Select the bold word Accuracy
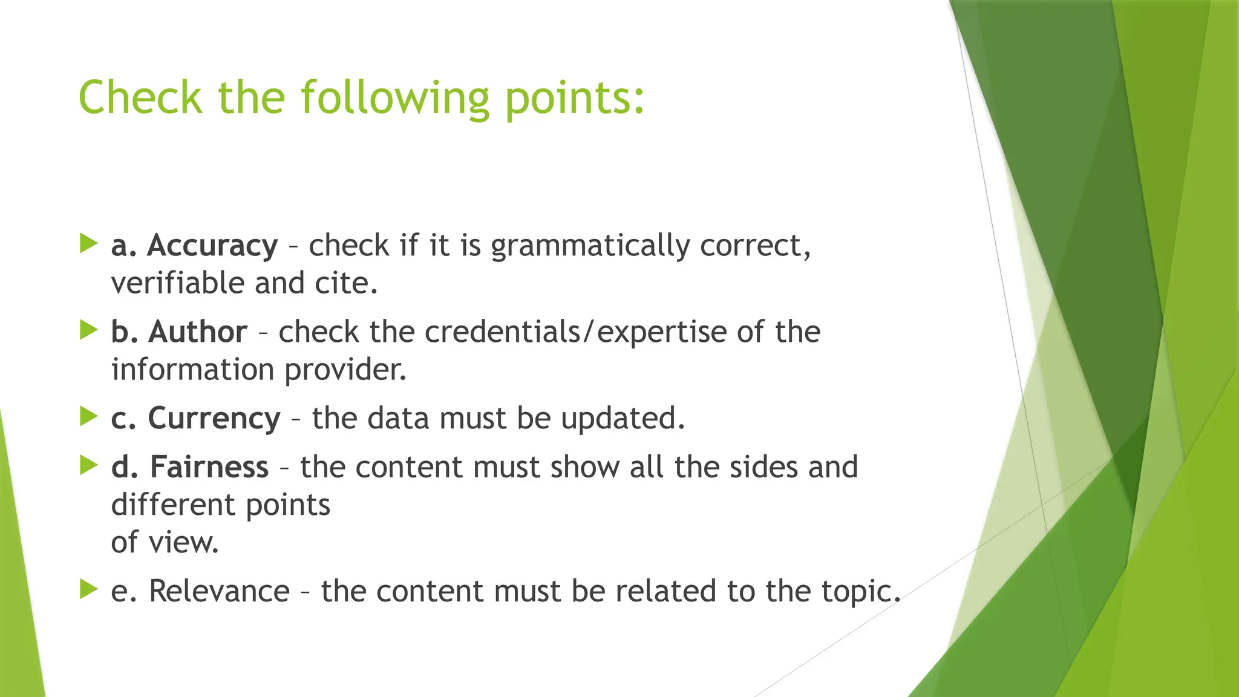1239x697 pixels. click(x=212, y=246)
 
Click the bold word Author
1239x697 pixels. click(x=198, y=332)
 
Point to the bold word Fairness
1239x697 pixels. click(x=209, y=467)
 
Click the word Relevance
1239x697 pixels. click(x=219, y=591)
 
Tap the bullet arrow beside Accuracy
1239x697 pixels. click(x=88, y=244)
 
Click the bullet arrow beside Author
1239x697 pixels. click(x=88, y=330)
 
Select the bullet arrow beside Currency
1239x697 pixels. click(x=88, y=417)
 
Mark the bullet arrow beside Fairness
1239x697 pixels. click(x=88, y=465)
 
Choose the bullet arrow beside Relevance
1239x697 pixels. click(x=88, y=589)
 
